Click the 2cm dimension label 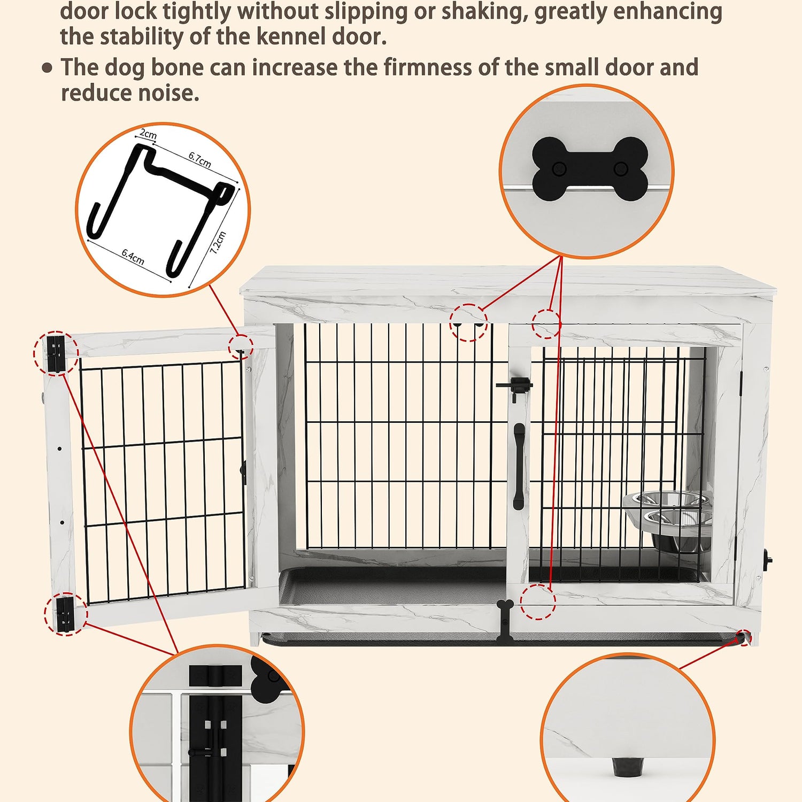[148, 134]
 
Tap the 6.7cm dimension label [199, 159]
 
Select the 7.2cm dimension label [218, 242]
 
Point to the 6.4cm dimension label [133, 257]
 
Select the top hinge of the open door [55, 353]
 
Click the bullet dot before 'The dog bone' [48, 68]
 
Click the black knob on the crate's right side [769, 559]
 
